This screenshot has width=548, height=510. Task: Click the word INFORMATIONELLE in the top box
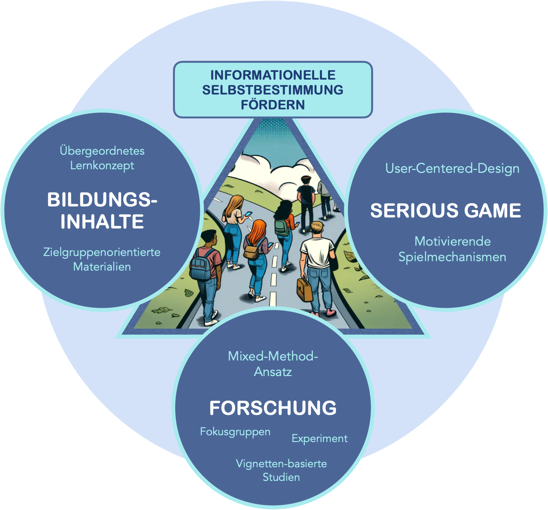(273, 75)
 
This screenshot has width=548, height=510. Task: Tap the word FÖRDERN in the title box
(273, 105)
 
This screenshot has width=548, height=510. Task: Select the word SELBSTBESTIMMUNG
(273, 90)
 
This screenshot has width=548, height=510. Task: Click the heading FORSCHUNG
(273, 408)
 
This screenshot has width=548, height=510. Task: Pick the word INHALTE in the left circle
(102, 222)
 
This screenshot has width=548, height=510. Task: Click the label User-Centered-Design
(452, 168)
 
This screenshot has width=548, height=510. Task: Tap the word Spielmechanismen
(452, 257)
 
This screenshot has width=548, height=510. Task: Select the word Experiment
(319, 438)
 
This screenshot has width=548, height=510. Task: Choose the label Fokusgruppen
(235, 432)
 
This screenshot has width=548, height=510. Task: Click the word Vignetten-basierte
(281, 463)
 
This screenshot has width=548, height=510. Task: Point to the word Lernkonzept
(102, 165)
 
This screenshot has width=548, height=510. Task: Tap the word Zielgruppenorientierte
(102, 252)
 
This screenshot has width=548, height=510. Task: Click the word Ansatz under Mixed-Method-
(273, 372)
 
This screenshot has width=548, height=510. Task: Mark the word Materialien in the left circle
(102, 267)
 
